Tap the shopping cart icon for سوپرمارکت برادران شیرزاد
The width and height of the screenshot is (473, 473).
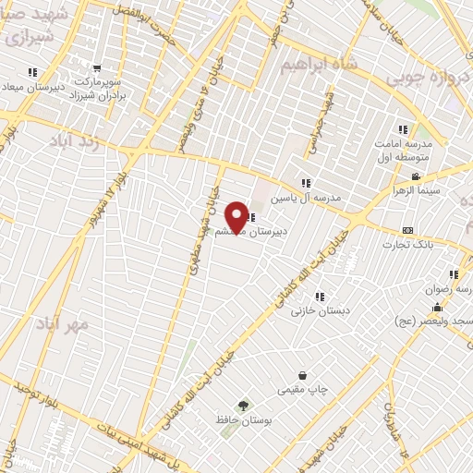(98, 67)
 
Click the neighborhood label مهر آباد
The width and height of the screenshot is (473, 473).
(69, 324)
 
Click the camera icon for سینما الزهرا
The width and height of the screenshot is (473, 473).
(416, 176)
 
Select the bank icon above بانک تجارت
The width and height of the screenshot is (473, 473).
(407, 230)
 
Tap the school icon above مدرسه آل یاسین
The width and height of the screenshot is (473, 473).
(306, 183)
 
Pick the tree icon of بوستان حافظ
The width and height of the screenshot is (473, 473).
(243, 405)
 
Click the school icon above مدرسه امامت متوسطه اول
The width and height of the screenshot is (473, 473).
(402, 130)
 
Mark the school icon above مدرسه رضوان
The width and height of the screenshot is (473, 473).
(454, 274)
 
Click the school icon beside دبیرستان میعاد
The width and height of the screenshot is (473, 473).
(33, 71)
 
